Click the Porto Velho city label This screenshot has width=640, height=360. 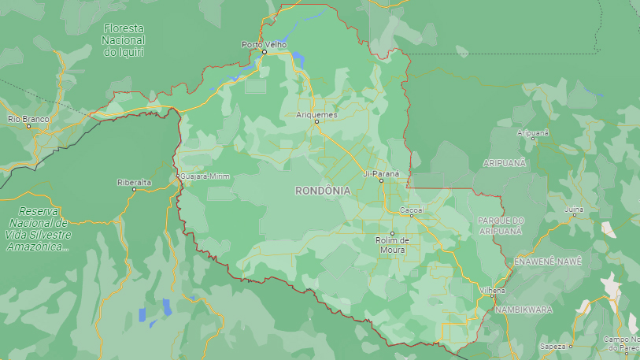pyautogui.click(x=264, y=44)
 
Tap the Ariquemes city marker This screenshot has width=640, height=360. pyautogui.click(x=316, y=121)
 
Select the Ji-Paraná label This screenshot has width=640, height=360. pyautogui.click(x=381, y=173)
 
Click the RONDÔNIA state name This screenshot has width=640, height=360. pyautogui.click(x=323, y=191)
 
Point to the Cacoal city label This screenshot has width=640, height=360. pyautogui.click(x=412, y=210)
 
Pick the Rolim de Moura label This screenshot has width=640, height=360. pyautogui.click(x=391, y=245)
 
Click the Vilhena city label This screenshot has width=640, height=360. pyautogui.click(x=492, y=291)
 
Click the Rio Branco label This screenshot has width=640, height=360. pyautogui.click(x=28, y=119)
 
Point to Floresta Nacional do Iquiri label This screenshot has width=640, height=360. pyautogui.click(x=124, y=39)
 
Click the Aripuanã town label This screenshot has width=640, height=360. pyautogui.click(x=532, y=133)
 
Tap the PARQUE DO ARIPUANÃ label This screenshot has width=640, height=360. pyautogui.click(x=501, y=225)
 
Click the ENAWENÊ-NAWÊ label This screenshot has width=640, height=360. pyautogui.click(x=547, y=261)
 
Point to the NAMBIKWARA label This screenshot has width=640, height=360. pyautogui.click(x=523, y=310)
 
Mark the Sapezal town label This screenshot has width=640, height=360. pyautogui.click(x=553, y=346)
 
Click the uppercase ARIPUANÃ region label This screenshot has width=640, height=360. pyautogui.click(x=505, y=161)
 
